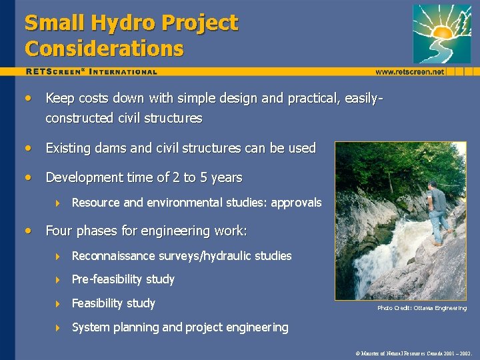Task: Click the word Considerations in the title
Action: coord(104,49)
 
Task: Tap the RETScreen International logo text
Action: coord(92,71)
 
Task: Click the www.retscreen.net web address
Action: coord(409,71)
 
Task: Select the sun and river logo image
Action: coord(441,33)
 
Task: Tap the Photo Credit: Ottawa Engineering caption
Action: coord(422,308)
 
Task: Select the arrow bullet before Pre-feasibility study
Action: coord(59,280)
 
